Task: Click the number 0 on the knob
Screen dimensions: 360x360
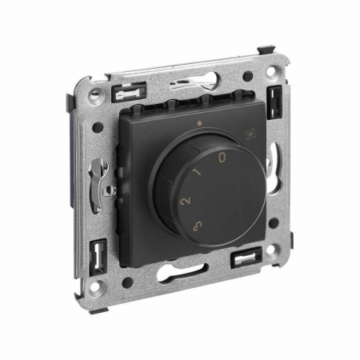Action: point(222,158)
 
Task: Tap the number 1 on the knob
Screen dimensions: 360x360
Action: point(198,171)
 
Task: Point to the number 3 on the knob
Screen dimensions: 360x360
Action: point(198,226)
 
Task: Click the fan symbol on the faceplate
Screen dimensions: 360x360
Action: point(250,134)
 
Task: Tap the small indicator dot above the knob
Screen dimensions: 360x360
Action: point(198,123)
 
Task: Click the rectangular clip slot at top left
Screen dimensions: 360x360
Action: point(130,93)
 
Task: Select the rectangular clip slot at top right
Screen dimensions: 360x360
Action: point(274,102)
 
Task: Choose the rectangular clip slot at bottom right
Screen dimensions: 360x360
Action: point(246,258)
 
